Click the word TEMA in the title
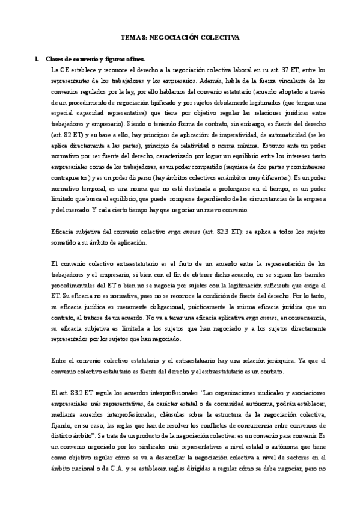tap(129, 37)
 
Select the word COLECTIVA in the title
tap(220, 37)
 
